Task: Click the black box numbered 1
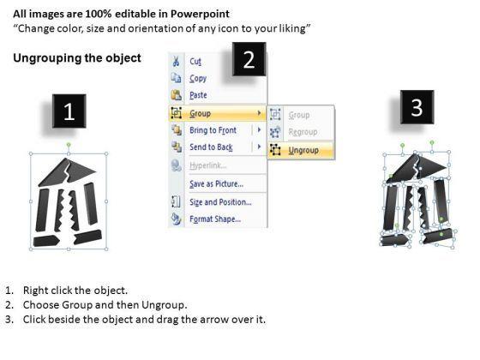point(69,111)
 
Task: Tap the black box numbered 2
point(249,59)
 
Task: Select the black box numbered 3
point(417,107)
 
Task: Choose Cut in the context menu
point(195,61)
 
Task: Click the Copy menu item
point(198,78)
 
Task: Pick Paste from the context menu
point(198,95)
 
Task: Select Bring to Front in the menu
point(213,130)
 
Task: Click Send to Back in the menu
point(211,147)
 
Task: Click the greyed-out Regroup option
point(303,132)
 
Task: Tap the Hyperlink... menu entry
point(207,165)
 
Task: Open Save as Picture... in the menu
point(216,183)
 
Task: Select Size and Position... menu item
point(220,202)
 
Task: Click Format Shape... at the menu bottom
point(215,219)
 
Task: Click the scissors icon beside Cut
point(176,61)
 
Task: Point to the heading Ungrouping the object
point(77,58)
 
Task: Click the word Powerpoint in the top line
point(200,14)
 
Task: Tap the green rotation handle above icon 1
point(69,144)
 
